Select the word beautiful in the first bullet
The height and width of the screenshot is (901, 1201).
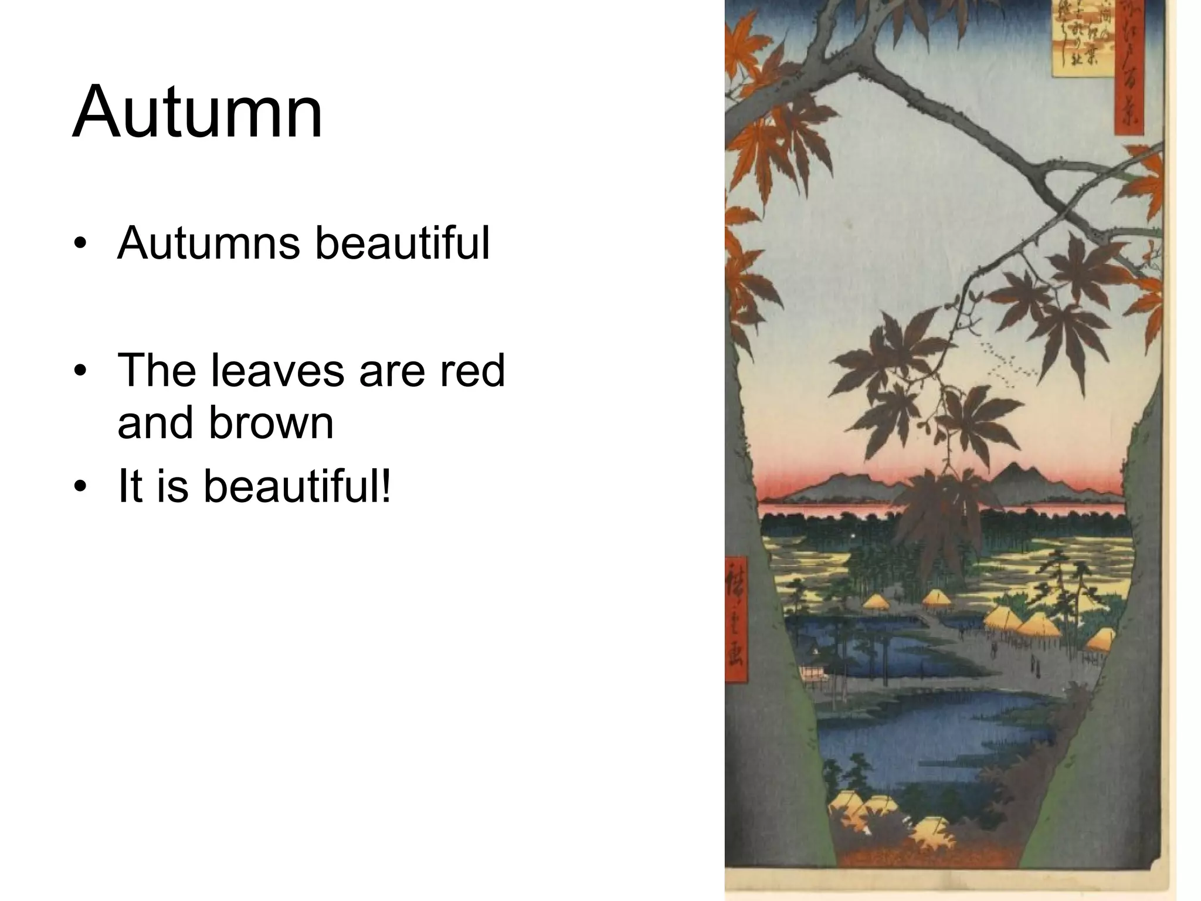point(402,243)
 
